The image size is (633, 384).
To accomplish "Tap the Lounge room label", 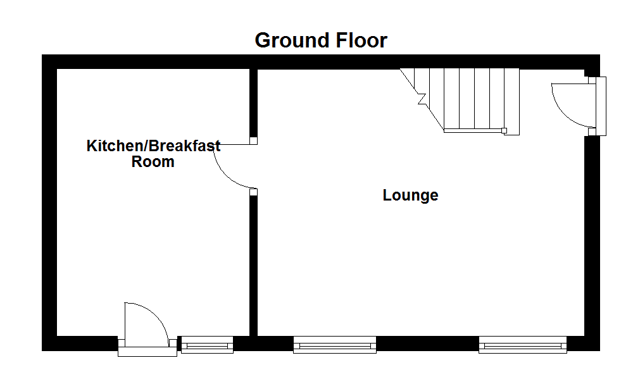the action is (410, 195).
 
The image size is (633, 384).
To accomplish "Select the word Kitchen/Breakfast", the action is (153, 146).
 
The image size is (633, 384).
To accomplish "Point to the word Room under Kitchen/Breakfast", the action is (153, 162).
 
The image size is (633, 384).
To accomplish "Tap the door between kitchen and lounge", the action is (231, 166).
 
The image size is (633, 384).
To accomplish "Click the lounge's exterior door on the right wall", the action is (571, 105).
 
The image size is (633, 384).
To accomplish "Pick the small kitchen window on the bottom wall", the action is (207, 345).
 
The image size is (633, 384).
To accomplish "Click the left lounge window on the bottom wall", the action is (335, 345).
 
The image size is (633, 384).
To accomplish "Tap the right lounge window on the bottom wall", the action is (522, 345).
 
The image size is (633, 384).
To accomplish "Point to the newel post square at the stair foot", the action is (505, 131).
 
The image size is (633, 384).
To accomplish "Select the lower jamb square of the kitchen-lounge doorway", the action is (253, 191).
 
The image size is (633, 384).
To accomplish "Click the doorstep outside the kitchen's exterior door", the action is (147, 352).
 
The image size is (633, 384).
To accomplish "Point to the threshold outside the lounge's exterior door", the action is (602, 106).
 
